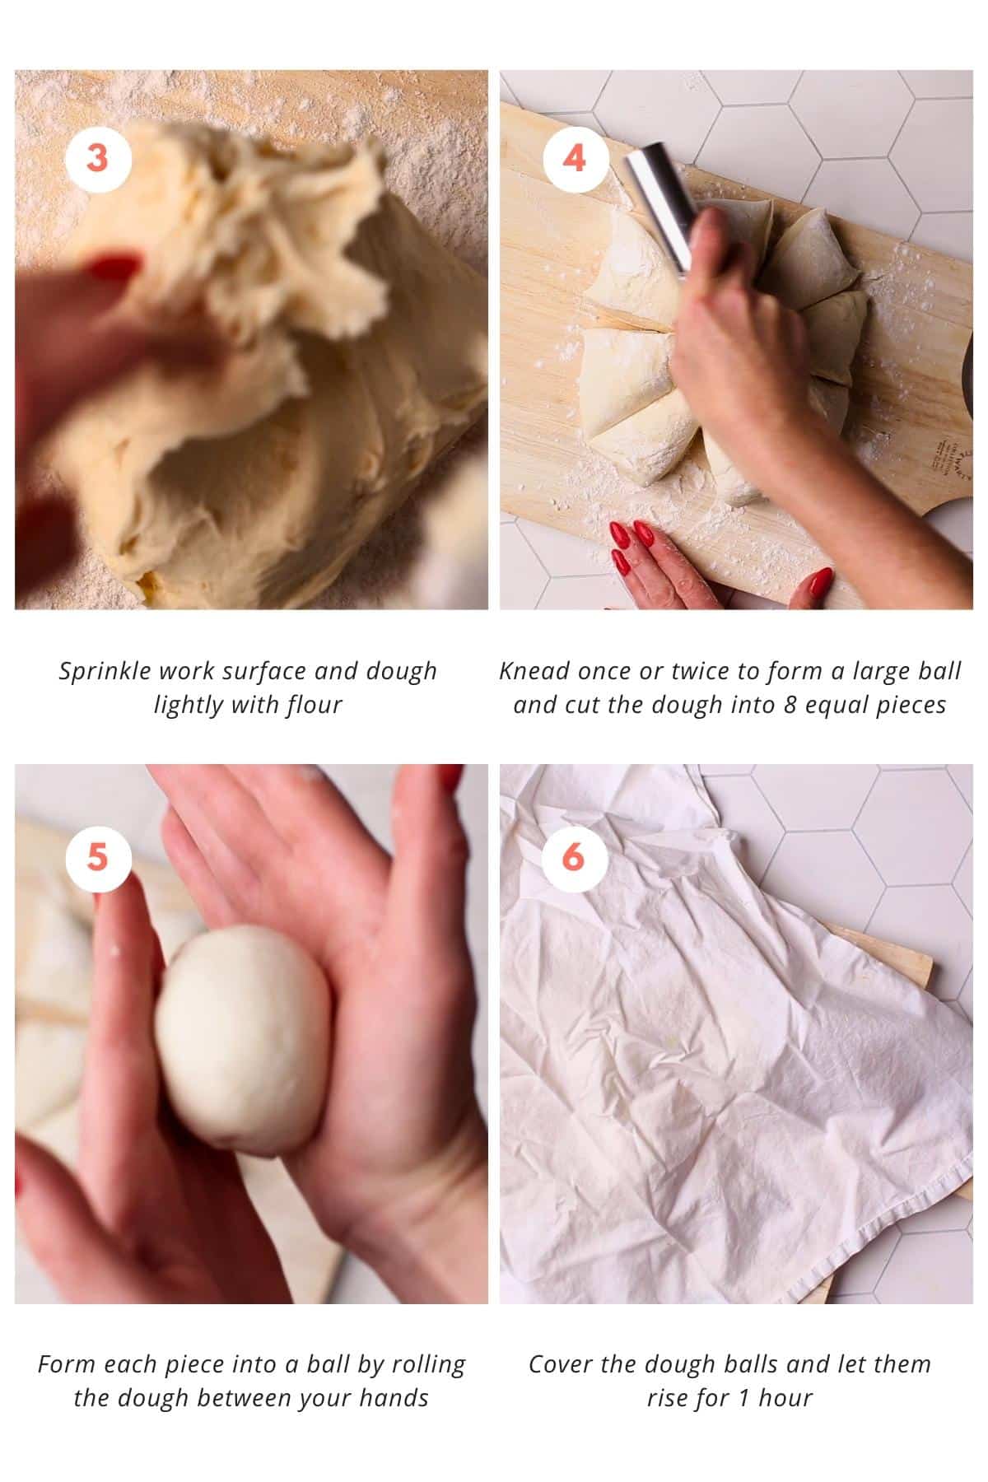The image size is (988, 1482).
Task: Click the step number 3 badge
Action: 97,157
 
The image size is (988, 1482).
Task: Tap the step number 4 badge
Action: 574,157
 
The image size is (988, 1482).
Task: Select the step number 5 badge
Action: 97,857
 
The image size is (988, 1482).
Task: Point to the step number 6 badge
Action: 574,857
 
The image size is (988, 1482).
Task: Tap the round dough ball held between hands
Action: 244,1039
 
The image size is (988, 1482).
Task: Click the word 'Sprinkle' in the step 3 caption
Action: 105,672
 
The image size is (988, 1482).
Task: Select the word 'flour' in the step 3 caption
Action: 314,706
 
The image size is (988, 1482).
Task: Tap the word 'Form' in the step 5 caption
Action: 63,1365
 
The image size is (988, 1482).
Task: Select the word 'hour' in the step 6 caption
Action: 785,1399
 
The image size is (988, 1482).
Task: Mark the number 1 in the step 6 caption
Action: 743,1399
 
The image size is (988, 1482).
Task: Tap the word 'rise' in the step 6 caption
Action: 665,1399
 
